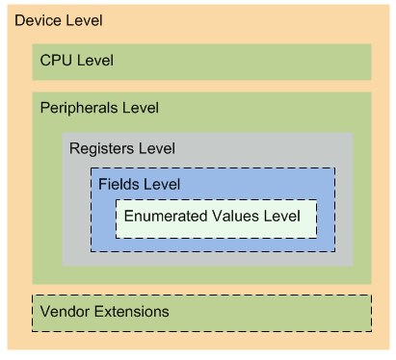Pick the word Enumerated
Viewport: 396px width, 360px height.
coord(163,216)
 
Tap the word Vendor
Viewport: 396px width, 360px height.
coord(65,312)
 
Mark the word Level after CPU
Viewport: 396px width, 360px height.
coord(94,61)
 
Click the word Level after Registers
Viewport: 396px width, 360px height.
coord(157,148)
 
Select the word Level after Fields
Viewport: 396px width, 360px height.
coord(162,183)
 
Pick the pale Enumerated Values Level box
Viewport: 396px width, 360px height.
coord(216,229)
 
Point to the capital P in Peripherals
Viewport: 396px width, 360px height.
coord(44,107)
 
